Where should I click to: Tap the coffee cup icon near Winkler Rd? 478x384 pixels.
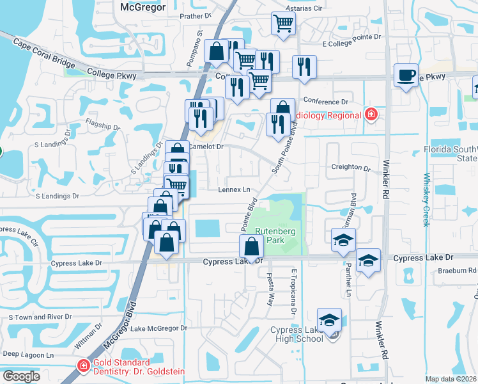pyautogui.click(x=406, y=76)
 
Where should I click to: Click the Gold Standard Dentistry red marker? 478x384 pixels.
pyautogui.click(x=83, y=366)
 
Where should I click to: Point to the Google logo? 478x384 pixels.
pyautogui.click(x=21, y=376)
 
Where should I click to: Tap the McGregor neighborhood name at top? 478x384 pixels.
pyautogui.click(x=143, y=7)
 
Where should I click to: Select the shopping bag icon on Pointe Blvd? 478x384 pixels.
pyautogui.click(x=252, y=245)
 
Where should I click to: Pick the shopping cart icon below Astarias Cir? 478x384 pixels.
pyautogui.click(x=283, y=24)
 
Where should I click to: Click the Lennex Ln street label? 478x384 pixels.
pyautogui.click(x=234, y=190)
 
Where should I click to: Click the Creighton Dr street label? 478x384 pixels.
pyautogui.click(x=351, y=168)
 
